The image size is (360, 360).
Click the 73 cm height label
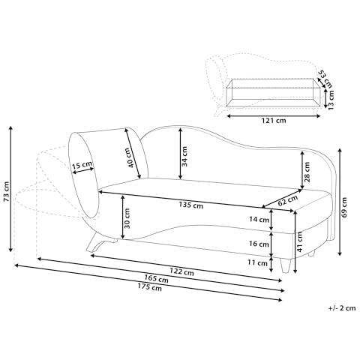tap(7, 191)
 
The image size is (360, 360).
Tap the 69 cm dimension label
tap(344, 207)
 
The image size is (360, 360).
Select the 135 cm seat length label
tap(191, 205)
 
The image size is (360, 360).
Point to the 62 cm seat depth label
tap(288, 200)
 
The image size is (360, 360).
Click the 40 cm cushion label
tap(131, 158)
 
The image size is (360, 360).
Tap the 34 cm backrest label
tap(184, 156)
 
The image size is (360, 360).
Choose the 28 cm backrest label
tap(307, 172)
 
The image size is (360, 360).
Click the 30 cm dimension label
tap(127, 218)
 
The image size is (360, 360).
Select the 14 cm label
tap(259, 220)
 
